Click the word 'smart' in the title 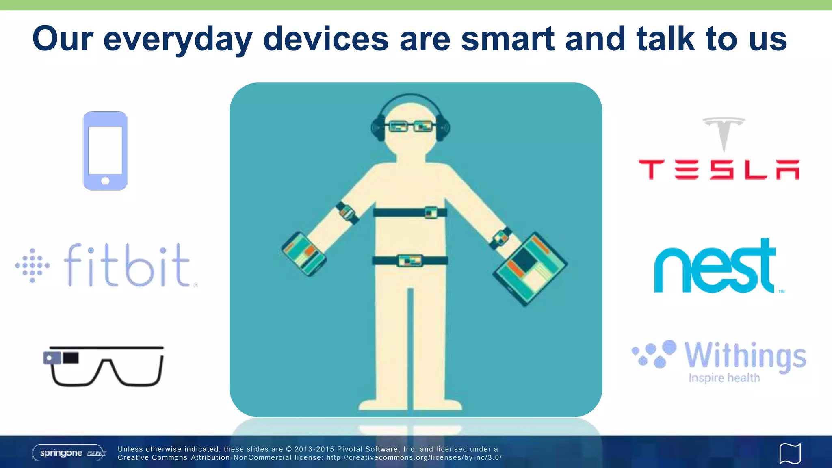508,39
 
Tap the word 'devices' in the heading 326,39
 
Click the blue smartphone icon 105,150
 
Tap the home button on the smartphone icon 105,181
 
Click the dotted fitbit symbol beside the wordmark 32,265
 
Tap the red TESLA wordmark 719,169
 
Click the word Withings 745,355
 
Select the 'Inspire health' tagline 724,378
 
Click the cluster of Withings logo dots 654,353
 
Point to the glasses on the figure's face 410,127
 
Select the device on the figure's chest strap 431,212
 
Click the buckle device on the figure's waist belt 410,260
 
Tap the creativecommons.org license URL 414,458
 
